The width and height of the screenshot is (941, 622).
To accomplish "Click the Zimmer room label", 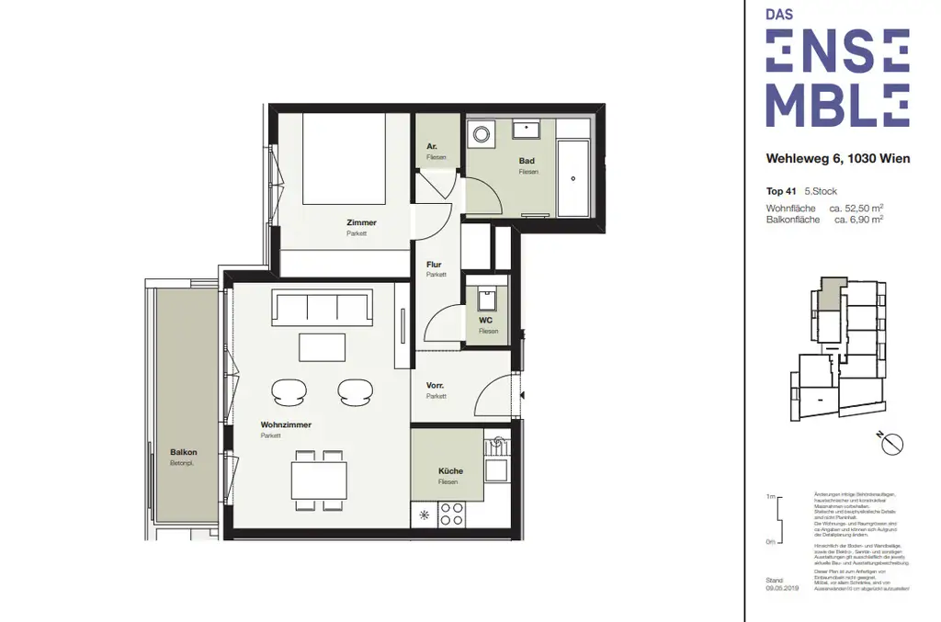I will pos(361,222).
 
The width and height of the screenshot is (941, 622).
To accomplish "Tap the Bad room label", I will pos(527,161).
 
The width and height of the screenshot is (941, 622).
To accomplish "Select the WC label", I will pos(487,321).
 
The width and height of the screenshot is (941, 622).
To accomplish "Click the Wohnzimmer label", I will pos(286,424).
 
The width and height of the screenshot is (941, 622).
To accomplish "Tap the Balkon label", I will pos(184,452).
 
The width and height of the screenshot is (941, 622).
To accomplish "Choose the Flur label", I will pos(434,265).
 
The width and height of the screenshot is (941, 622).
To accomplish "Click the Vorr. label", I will pos(436,386).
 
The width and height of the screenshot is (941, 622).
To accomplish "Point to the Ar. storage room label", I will pos(432,147).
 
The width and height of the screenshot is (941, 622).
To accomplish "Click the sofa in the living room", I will pos(321,309).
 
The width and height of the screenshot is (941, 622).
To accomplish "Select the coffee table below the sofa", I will pos(322,347).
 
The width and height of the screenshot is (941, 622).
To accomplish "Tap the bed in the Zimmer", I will pos(345,158).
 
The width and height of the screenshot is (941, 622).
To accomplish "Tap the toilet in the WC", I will pos(486,298).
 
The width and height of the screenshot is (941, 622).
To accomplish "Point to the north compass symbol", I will pos(891,443).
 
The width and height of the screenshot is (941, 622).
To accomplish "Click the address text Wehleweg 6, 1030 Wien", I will pos(838,158).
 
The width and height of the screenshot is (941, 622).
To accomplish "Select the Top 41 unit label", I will pos(781,192).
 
